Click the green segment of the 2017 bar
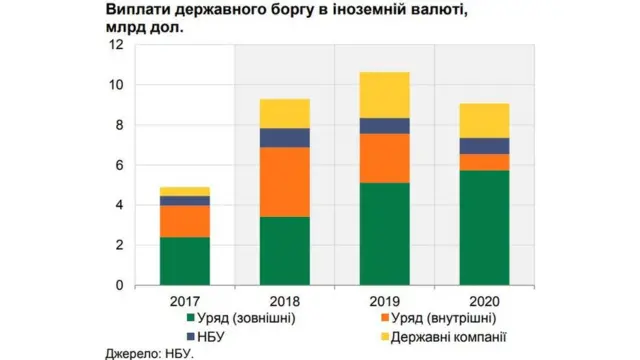[x=185, y=260]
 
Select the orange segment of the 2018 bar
[x=284, y=182]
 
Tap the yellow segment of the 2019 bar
[x=384, y=95]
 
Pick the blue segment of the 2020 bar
[x=483, y=146]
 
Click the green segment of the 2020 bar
[x=483, y=227]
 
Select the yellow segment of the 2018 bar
[x=284, y=113]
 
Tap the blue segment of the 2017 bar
[x=185, y=200]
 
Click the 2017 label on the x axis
[x=185, y=300]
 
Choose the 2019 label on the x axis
[x=384, y=300]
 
